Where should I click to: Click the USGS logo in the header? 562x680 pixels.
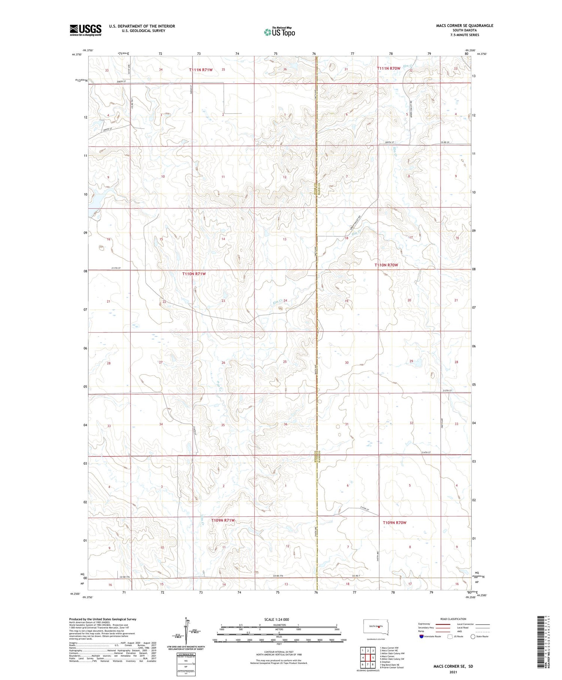pyautogui.click(x=85, y=30)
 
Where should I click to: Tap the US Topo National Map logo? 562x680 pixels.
pyautogui.click(x=279, y=32)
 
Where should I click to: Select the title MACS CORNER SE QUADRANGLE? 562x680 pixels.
pyautogui.click(x=464, y=26)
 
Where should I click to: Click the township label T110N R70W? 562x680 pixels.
pyautogui.click(x=386, y=265)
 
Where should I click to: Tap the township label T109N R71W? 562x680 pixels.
pyautogui.click(x=223, y=520)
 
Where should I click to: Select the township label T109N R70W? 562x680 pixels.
pyautogui.click(x=395, y=522)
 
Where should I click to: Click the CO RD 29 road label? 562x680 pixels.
pyautogui.click(x=444, y=143)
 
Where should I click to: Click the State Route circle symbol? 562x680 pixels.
pyautogui.click(x=473, y=636)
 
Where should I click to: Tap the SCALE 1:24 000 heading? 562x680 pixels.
pyautogui.click(x=277, y=620)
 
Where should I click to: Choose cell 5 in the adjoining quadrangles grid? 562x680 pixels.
pyautogui.click(x=373, y=657)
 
